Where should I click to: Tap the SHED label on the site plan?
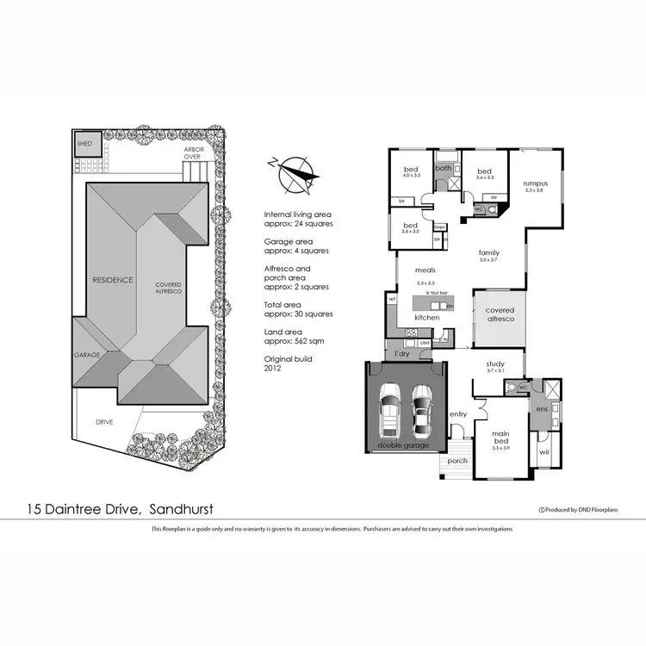[x=84, y=143]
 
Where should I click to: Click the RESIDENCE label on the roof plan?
[x=113, y=280]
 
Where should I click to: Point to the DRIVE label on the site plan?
[x=105, y=422]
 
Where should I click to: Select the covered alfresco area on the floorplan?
[x=499, y=314]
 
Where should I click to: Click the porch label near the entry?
[x=457, y=460]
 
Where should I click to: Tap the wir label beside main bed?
[x=544, y=450]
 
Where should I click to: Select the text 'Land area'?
[x=282, y=332]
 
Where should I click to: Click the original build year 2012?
[x=272, y=367]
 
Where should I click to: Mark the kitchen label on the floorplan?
[x=426, y=318]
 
